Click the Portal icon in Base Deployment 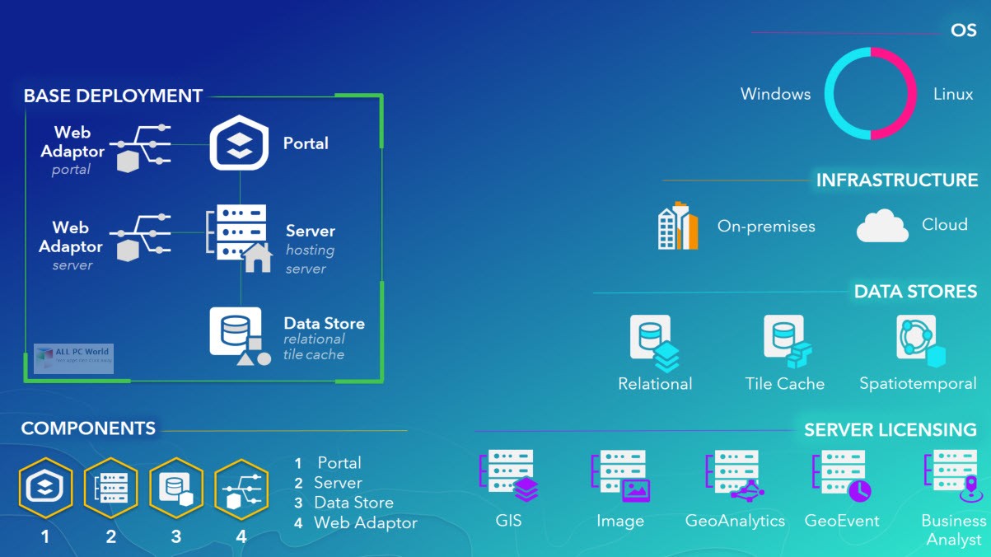239,143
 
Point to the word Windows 775,94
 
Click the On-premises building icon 677,225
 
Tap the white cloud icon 882,226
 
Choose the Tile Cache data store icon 786,340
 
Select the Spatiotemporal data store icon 919,340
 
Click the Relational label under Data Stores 655,384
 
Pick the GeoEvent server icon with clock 841,475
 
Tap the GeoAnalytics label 735,521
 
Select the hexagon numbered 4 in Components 241,489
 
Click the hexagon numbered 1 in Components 45,489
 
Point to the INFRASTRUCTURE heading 896,180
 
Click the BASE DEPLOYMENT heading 113,96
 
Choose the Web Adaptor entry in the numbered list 365,522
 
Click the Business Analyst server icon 956,475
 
